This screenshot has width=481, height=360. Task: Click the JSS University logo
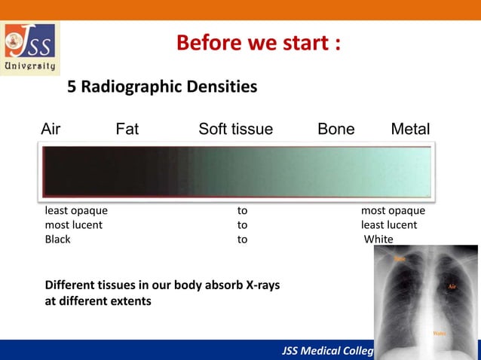(31, 48)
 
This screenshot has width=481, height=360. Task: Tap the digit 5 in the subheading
(72, 87)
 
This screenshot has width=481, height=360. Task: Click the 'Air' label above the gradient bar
(51, 130)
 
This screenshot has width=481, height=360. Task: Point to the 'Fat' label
(127, 130)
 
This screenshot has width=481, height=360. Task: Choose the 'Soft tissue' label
(235, 130)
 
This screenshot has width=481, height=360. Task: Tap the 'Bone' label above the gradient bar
(336, 130)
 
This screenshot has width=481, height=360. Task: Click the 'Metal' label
(410, 130)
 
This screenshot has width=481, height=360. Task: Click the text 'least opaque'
(76, 211)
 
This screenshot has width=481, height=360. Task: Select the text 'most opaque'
(393, 211)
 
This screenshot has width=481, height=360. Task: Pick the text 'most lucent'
(74, 225)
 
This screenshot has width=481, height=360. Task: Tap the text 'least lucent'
(389, 225)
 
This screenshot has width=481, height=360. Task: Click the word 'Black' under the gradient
(58, 239)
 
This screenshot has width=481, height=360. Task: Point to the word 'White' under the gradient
(378, 239)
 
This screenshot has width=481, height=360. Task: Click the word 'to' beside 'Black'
(242, 239)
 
